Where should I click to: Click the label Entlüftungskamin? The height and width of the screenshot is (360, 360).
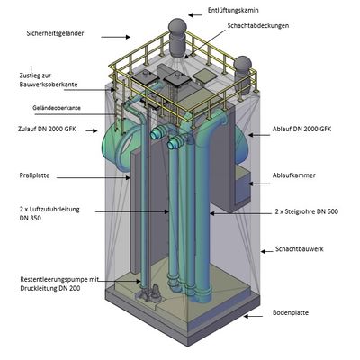233,11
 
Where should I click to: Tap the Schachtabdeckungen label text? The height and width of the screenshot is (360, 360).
258,26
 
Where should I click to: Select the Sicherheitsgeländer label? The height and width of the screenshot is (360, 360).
55,33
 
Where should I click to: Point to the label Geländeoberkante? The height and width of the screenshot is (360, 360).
57,108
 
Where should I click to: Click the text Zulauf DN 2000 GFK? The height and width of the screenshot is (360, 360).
47,130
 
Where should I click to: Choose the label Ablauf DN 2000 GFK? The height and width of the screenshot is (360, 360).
302,130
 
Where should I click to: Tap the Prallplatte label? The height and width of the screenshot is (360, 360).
34,175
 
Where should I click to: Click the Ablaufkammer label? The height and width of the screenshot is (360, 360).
294,175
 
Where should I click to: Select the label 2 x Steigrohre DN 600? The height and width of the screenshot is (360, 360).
307,211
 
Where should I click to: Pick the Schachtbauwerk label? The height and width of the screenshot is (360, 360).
300,249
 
